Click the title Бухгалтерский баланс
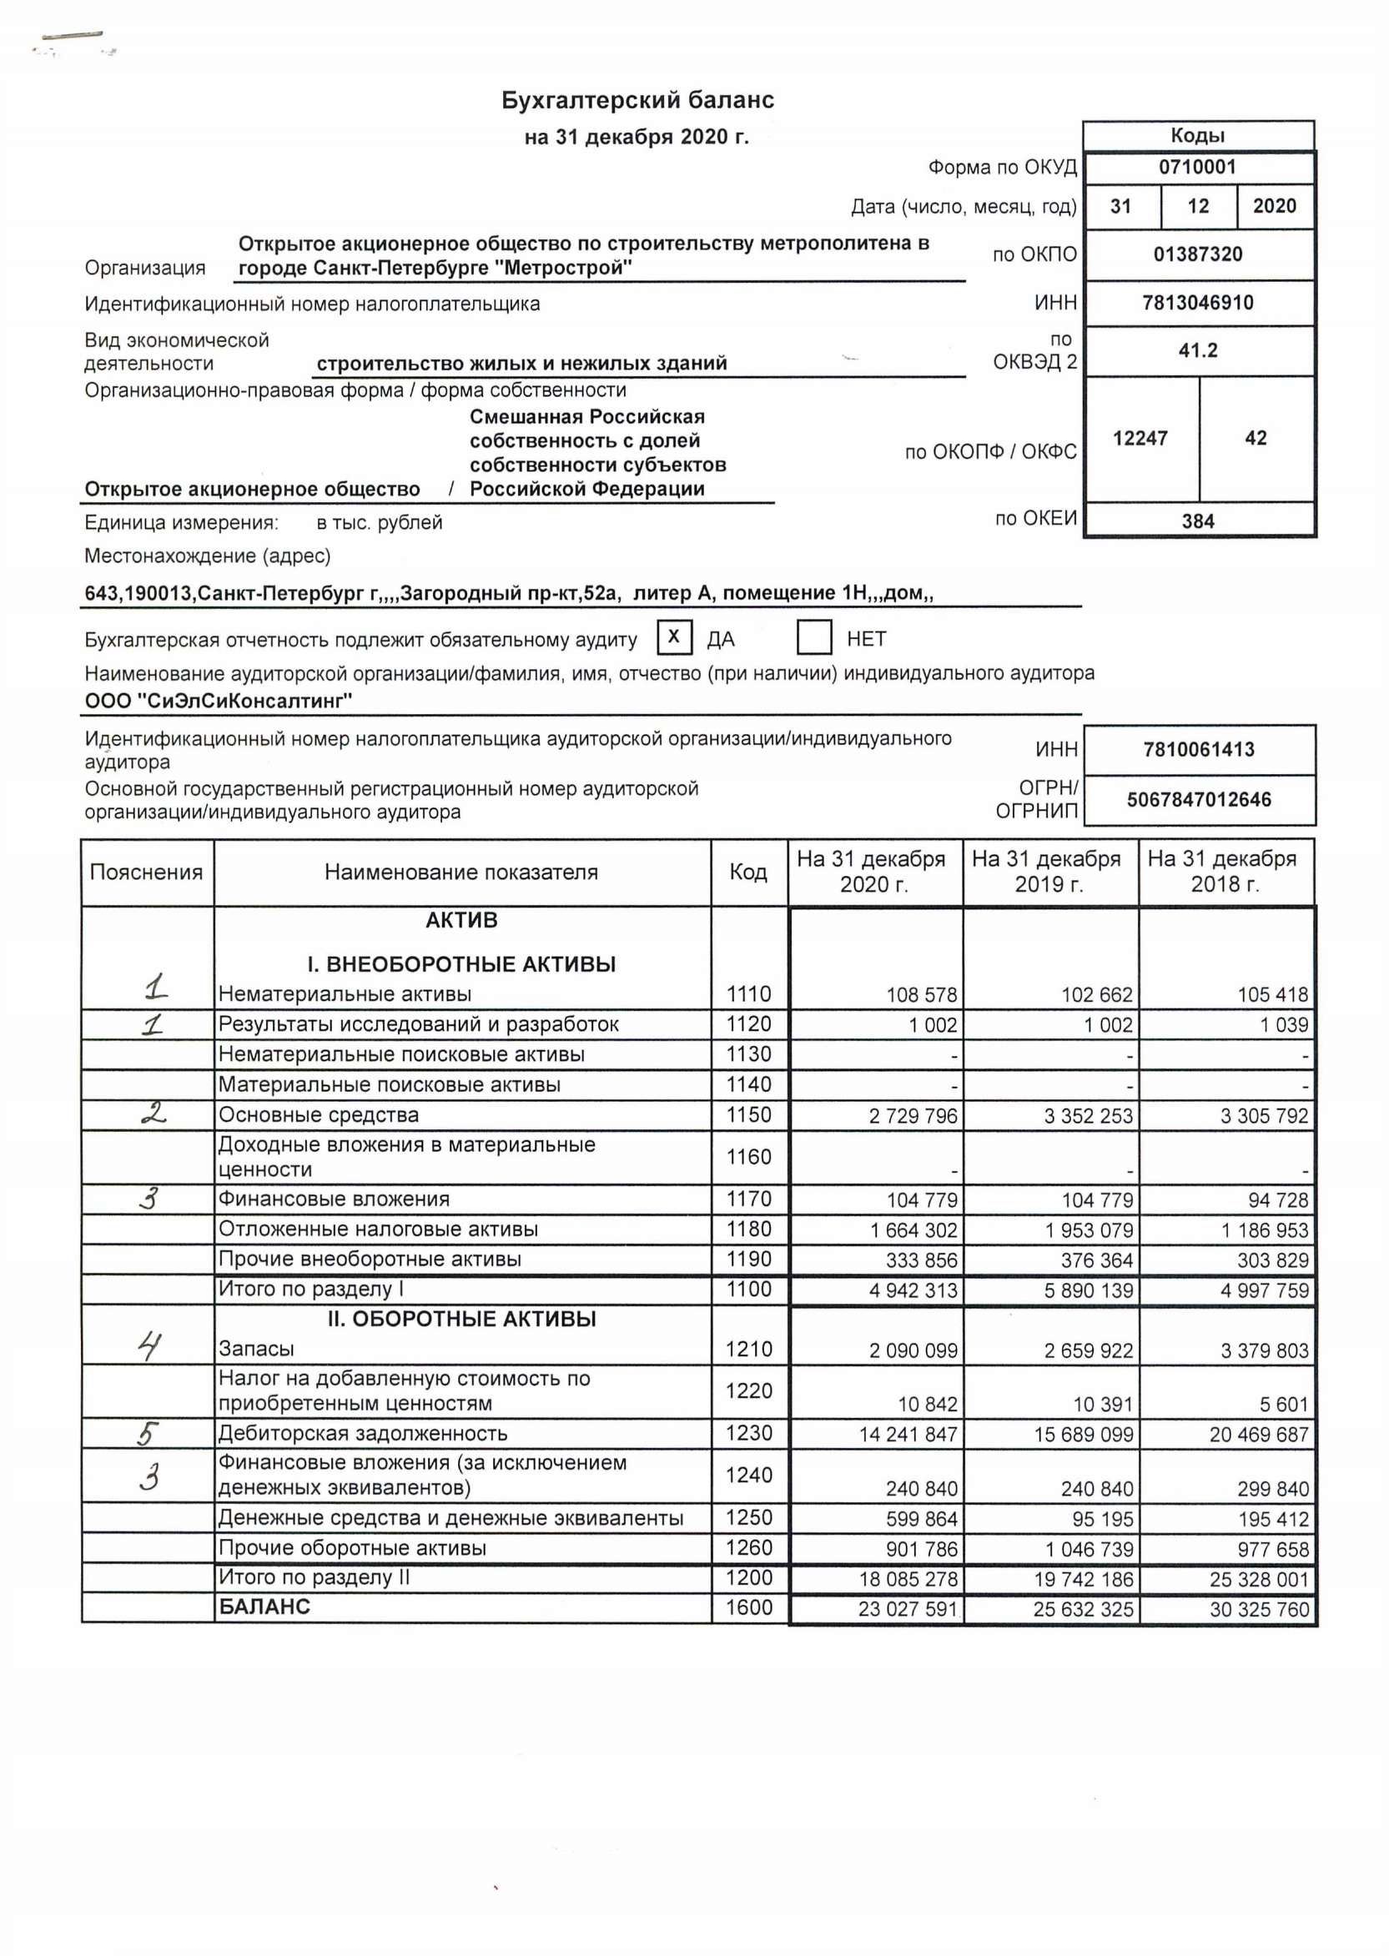point(637,101)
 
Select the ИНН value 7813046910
point(1197,303)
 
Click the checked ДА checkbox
point(674,637)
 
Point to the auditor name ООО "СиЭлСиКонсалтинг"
point(218,701)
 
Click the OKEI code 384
point(1197,520)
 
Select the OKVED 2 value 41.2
point(1197,350)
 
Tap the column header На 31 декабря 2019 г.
point(1050,872)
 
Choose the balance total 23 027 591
point(908,1609)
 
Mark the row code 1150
point(748,1114)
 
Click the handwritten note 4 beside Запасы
point(149,1347)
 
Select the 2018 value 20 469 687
point(1258,1435)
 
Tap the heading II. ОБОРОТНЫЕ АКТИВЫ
point(461,1318)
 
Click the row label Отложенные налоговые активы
point(378,1229)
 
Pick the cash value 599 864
point(921,1519)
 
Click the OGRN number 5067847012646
point(1198,800)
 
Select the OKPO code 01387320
point(1197,254)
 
